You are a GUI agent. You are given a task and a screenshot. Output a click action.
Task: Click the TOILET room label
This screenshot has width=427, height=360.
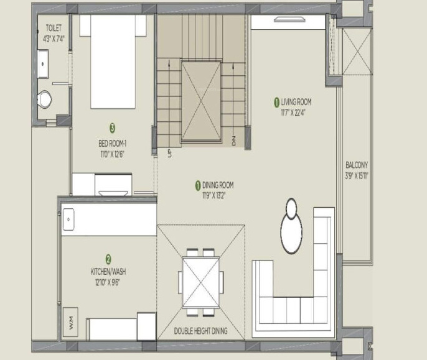pos(54,28)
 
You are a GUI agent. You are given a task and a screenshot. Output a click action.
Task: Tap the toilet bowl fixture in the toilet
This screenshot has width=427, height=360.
pos(44,99)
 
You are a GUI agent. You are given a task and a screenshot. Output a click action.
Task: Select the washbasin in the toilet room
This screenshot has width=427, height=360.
pos(43,64)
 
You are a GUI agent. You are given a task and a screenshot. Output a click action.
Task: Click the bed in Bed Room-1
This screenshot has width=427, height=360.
pos(113,62)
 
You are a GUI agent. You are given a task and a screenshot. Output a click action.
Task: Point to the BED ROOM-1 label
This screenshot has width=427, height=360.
pos(112,143)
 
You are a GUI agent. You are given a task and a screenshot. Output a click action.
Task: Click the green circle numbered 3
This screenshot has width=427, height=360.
pos(112,128)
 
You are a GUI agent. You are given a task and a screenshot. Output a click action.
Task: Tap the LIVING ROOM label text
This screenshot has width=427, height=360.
pos(296,102)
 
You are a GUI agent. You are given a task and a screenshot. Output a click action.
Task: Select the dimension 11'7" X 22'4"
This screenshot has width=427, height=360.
pos(293,113)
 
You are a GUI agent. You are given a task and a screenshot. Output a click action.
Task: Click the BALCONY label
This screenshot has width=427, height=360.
pos(357,165)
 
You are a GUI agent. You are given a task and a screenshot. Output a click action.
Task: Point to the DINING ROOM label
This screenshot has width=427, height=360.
pos(218,185)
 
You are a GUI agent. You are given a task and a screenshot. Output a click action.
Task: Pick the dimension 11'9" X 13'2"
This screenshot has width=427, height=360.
pos(213,196)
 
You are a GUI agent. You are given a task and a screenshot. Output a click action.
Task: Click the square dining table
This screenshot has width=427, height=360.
pos(201,282)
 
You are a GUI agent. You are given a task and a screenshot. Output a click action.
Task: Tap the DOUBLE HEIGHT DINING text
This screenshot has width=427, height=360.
pos(200,331)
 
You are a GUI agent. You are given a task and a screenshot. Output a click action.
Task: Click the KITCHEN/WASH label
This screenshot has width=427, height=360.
pos(108,271)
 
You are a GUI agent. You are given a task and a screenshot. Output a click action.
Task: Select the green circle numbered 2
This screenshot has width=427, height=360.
pos(108,259)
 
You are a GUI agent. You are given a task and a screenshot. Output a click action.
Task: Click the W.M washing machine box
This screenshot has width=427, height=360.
pos(70,322)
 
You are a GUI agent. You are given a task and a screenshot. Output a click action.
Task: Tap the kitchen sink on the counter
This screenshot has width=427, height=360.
pos(68,219)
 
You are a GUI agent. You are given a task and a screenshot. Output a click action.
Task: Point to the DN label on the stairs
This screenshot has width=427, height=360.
pos(233,141)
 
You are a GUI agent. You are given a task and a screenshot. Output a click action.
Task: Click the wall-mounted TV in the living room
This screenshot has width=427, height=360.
pos(289,19)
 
